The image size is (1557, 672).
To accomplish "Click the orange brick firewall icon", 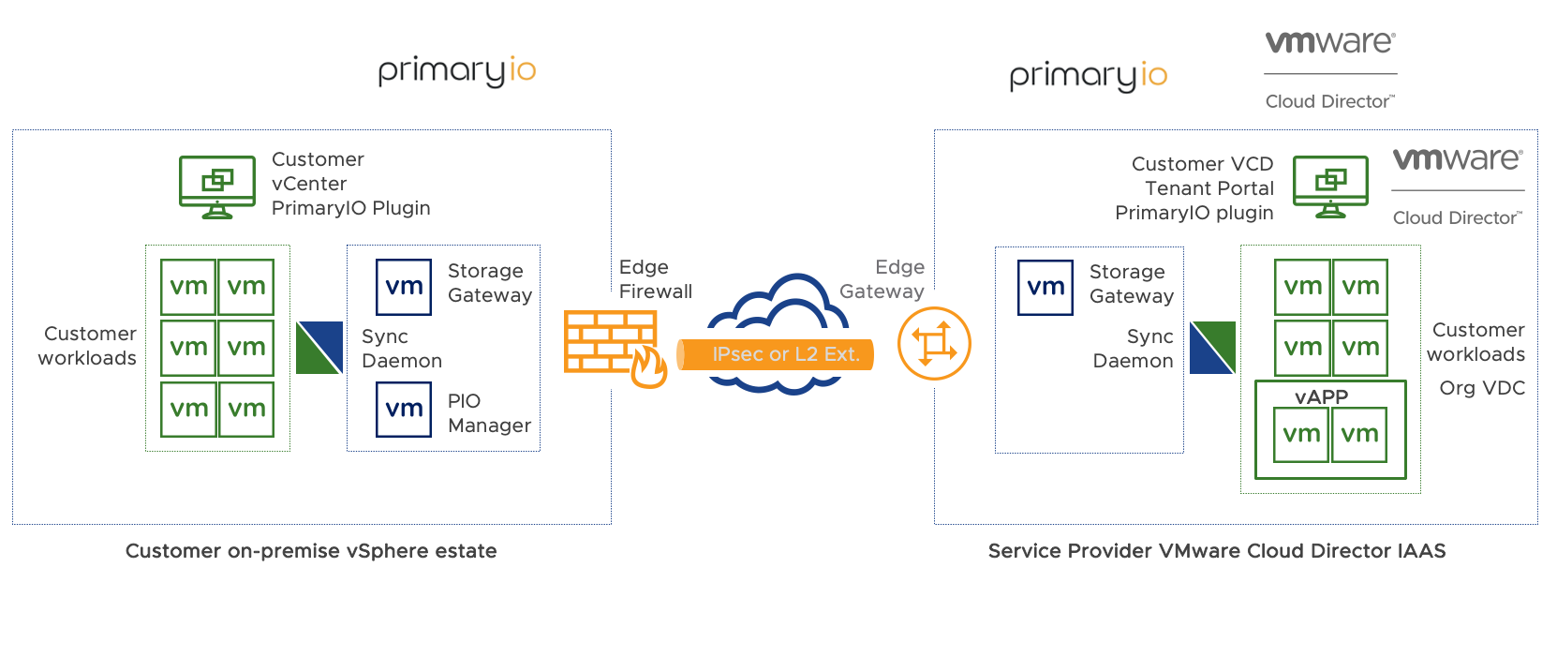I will pyautogui.click(x=610, y=343).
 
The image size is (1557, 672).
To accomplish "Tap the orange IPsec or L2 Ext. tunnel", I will pyautogui.click(x=776, y=354).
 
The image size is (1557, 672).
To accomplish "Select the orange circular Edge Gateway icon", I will pyautogui.click(x=934, y=343).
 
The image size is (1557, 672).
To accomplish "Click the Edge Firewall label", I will pyautogui.click(x=655, y=279).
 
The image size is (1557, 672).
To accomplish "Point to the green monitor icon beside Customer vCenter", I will pyautogui.click(x=217, y=187).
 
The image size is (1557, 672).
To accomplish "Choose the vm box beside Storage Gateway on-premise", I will pyautogui.click(x=404, y=287).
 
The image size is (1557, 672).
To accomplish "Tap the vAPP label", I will pyautogui.click(x=1321, y=396).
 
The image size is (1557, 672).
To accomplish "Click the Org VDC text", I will pyautogui.click(x=1482, y=388).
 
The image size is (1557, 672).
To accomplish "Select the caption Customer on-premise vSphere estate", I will pyautogui.click(x=311, y=551).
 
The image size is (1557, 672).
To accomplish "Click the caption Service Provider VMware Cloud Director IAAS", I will pyautogui.click(x=1217, y=551).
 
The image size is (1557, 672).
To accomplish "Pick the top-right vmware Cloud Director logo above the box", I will pyautogui.click(x=1330, y=69).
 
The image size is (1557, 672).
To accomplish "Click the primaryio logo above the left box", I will pyautogui.click(x=456, y=71).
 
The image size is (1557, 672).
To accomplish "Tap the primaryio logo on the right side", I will pyautogui.click(x=1088, y=76).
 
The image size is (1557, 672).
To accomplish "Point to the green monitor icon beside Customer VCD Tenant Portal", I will pyautogui.click(x=1330, y=187).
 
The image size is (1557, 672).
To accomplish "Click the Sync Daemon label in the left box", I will pyautogui.click(x=401, y=349).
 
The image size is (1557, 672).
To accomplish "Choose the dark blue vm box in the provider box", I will pyautogui.click(x=1045, y=288).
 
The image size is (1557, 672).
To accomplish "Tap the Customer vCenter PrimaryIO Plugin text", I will pyautogui.click(x=350, y=184).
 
